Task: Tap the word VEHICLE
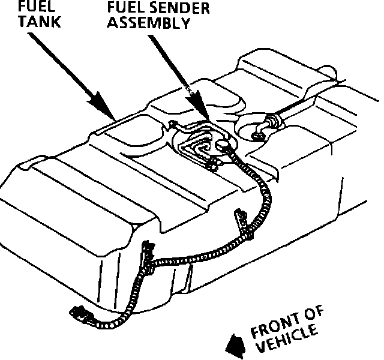pos(288,341)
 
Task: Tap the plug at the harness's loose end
pos(78,313)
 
